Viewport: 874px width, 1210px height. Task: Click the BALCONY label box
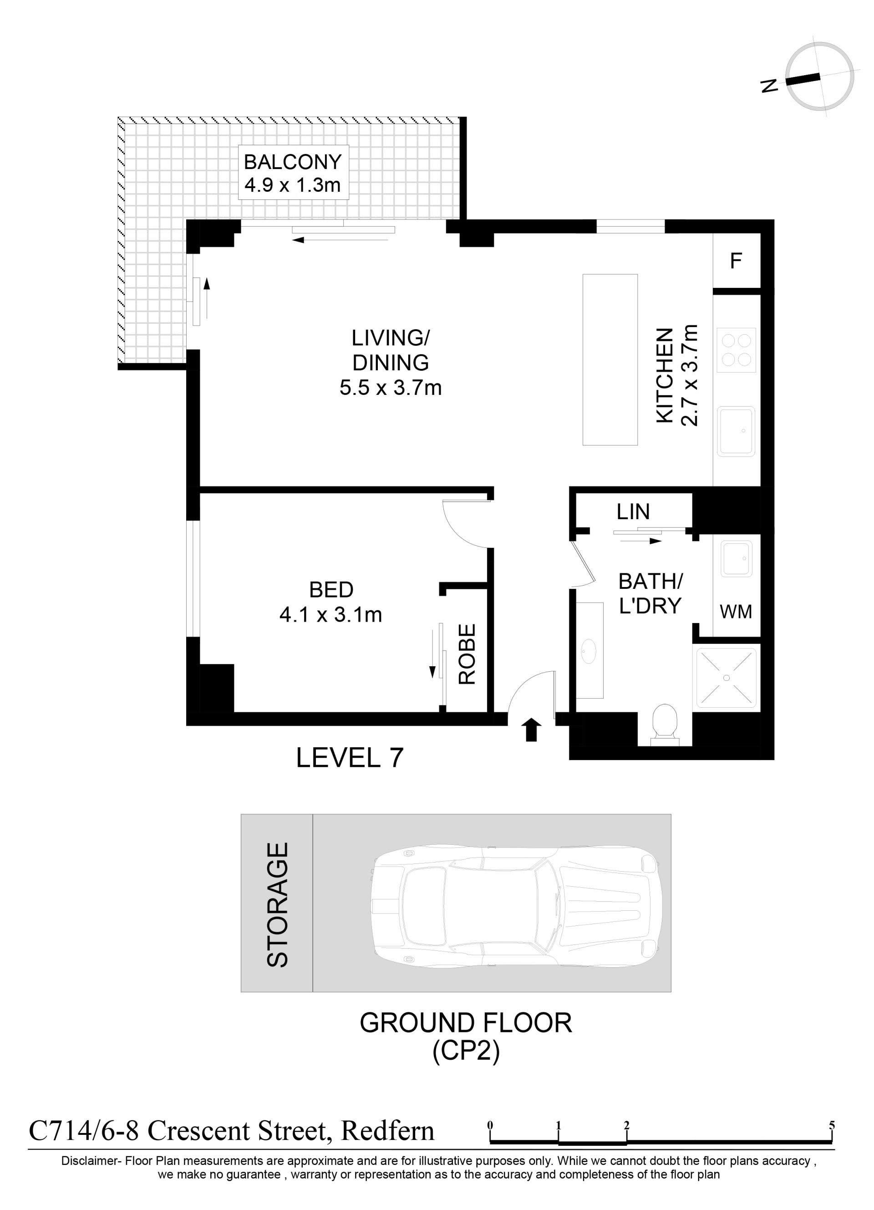click(293, 172)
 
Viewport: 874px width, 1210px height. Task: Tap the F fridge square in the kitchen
click(737, 261)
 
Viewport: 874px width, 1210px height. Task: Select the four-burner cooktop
click(737, 350)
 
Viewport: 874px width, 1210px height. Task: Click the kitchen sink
click(736, 431)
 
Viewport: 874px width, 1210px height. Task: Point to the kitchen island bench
click(610, 360)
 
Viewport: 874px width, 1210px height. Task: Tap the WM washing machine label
click(736, 612)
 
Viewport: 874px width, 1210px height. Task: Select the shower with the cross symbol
click(727, 678)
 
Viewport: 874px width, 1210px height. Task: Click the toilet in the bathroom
click(665, 724)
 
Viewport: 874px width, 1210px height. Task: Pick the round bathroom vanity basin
click(589, 651)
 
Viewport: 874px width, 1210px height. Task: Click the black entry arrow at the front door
click(531, 729)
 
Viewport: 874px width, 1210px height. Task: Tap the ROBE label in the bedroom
click(467, 654)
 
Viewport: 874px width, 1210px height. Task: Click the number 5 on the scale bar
click(832, 1126)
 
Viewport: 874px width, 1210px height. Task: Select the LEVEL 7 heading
click(350, 758)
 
